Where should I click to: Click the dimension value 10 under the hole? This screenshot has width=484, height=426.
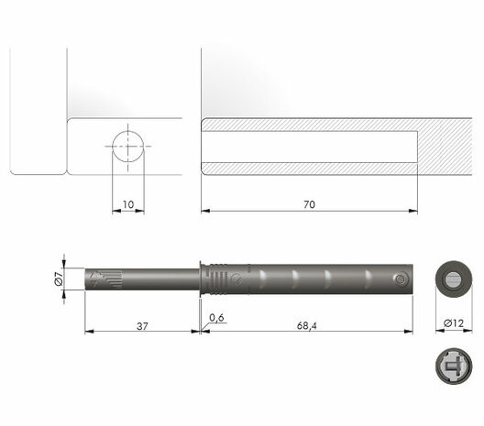click(x=128, y=203)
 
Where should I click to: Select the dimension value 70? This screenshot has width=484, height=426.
click(x=309, y=204)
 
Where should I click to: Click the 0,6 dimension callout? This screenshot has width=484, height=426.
click(x=217, y=317)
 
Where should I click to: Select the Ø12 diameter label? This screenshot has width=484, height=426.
click(x=452, y=324)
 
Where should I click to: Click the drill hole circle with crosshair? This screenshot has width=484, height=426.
click(x=129, y=146)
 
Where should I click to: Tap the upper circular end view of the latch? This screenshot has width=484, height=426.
click(x=452, y=279)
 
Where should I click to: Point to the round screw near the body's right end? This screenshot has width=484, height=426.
click(x=401, y=279)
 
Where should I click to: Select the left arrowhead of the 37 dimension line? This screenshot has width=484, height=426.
click(x=87, y=332)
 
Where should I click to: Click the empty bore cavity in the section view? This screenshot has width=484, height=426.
click(x=309, y=147)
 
